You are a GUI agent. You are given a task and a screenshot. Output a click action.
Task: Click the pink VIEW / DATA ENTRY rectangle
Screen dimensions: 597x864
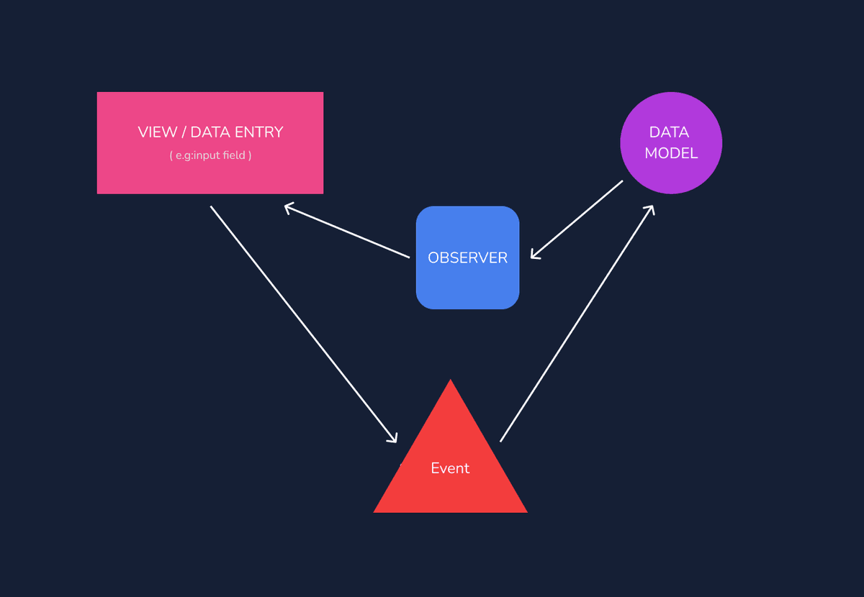pos(210,173)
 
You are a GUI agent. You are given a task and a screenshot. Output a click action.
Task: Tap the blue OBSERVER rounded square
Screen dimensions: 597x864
pos(467,284)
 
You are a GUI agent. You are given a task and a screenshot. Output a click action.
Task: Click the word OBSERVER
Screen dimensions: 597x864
pos(467,258)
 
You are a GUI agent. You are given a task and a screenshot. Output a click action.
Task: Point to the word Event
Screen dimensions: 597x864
pos(450,468)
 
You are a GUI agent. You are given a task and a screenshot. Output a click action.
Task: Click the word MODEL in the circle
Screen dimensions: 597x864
pos(671,153)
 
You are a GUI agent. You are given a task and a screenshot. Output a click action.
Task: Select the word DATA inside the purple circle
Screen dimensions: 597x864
pos(669,132)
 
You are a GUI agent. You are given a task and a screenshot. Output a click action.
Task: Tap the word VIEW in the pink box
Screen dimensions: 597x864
pos(157,132)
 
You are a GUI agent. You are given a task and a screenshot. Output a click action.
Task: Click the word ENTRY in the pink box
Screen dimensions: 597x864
pos(258,132)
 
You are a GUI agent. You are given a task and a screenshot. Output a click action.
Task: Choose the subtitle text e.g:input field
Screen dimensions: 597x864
pos(210,155)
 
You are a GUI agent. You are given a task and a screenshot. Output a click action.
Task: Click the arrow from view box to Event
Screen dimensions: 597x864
pos(302,323)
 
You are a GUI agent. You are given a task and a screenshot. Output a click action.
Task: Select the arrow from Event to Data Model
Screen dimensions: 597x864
pos(576,324)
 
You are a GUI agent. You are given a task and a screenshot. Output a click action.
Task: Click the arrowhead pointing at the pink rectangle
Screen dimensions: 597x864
pos(288,208)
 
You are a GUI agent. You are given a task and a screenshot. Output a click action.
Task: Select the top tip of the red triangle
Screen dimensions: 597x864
pos(451,381)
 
